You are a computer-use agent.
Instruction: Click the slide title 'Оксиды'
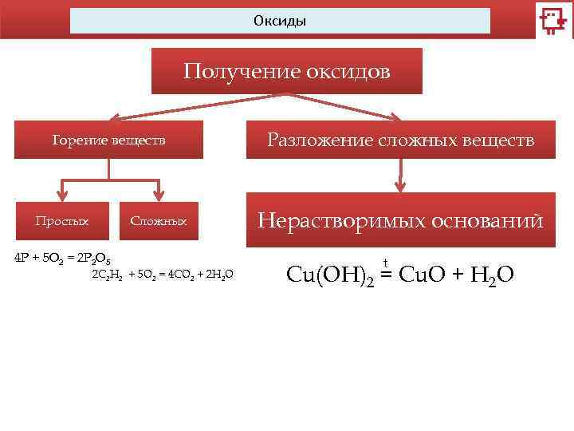point(280,20)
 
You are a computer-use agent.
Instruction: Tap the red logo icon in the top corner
point(552,21)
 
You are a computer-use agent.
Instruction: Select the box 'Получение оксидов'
point(287,73)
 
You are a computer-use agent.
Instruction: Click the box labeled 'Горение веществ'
point(109,140)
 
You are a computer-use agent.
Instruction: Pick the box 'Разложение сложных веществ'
point(400,140)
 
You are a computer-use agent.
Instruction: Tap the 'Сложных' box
point(159,220)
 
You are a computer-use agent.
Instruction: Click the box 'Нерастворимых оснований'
point(400,220)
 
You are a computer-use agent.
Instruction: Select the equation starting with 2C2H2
point(163,274)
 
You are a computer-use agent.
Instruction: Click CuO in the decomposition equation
point(423,275)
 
